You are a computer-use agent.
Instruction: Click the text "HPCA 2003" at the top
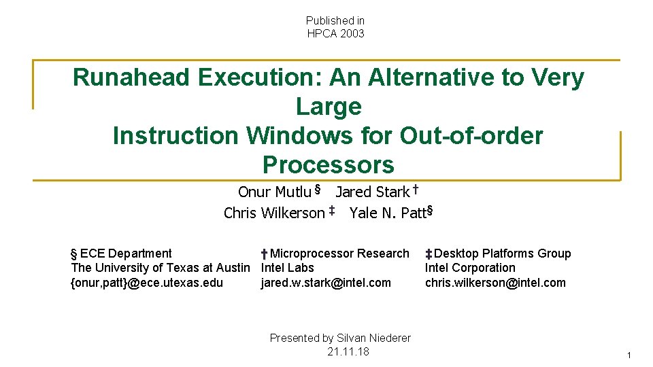pyautogui.click(x=335, y=33)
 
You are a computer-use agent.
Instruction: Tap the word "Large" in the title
pyautogui.click(x=329, y=107)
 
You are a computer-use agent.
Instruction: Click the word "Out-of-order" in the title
pyautogui.click(x=471, y=136)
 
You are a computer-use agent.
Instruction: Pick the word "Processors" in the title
pyautogui.click(x=329, y=165)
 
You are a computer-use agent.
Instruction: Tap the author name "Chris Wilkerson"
pyautogui.click(x=274, y=213)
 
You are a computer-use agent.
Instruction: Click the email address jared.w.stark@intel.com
pyautogui.click(x=326, y=283)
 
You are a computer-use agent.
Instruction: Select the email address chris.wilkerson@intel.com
pyautogui.click(x=495, y=283)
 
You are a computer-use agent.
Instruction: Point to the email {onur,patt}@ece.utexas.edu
pyautogui.click(x=147, y=283)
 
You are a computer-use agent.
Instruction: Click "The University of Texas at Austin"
pyautogui.click(x=161, y=268)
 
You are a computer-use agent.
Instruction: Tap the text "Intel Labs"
pyautogui.click(x=288, y=268)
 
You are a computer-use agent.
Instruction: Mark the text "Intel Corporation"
pyautogui.click(x=470, y=268)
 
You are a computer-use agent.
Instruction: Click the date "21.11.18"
pyautogui.click(x=348, y=351)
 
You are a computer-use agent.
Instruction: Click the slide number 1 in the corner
pyautogui.click(x=629, y=355)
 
